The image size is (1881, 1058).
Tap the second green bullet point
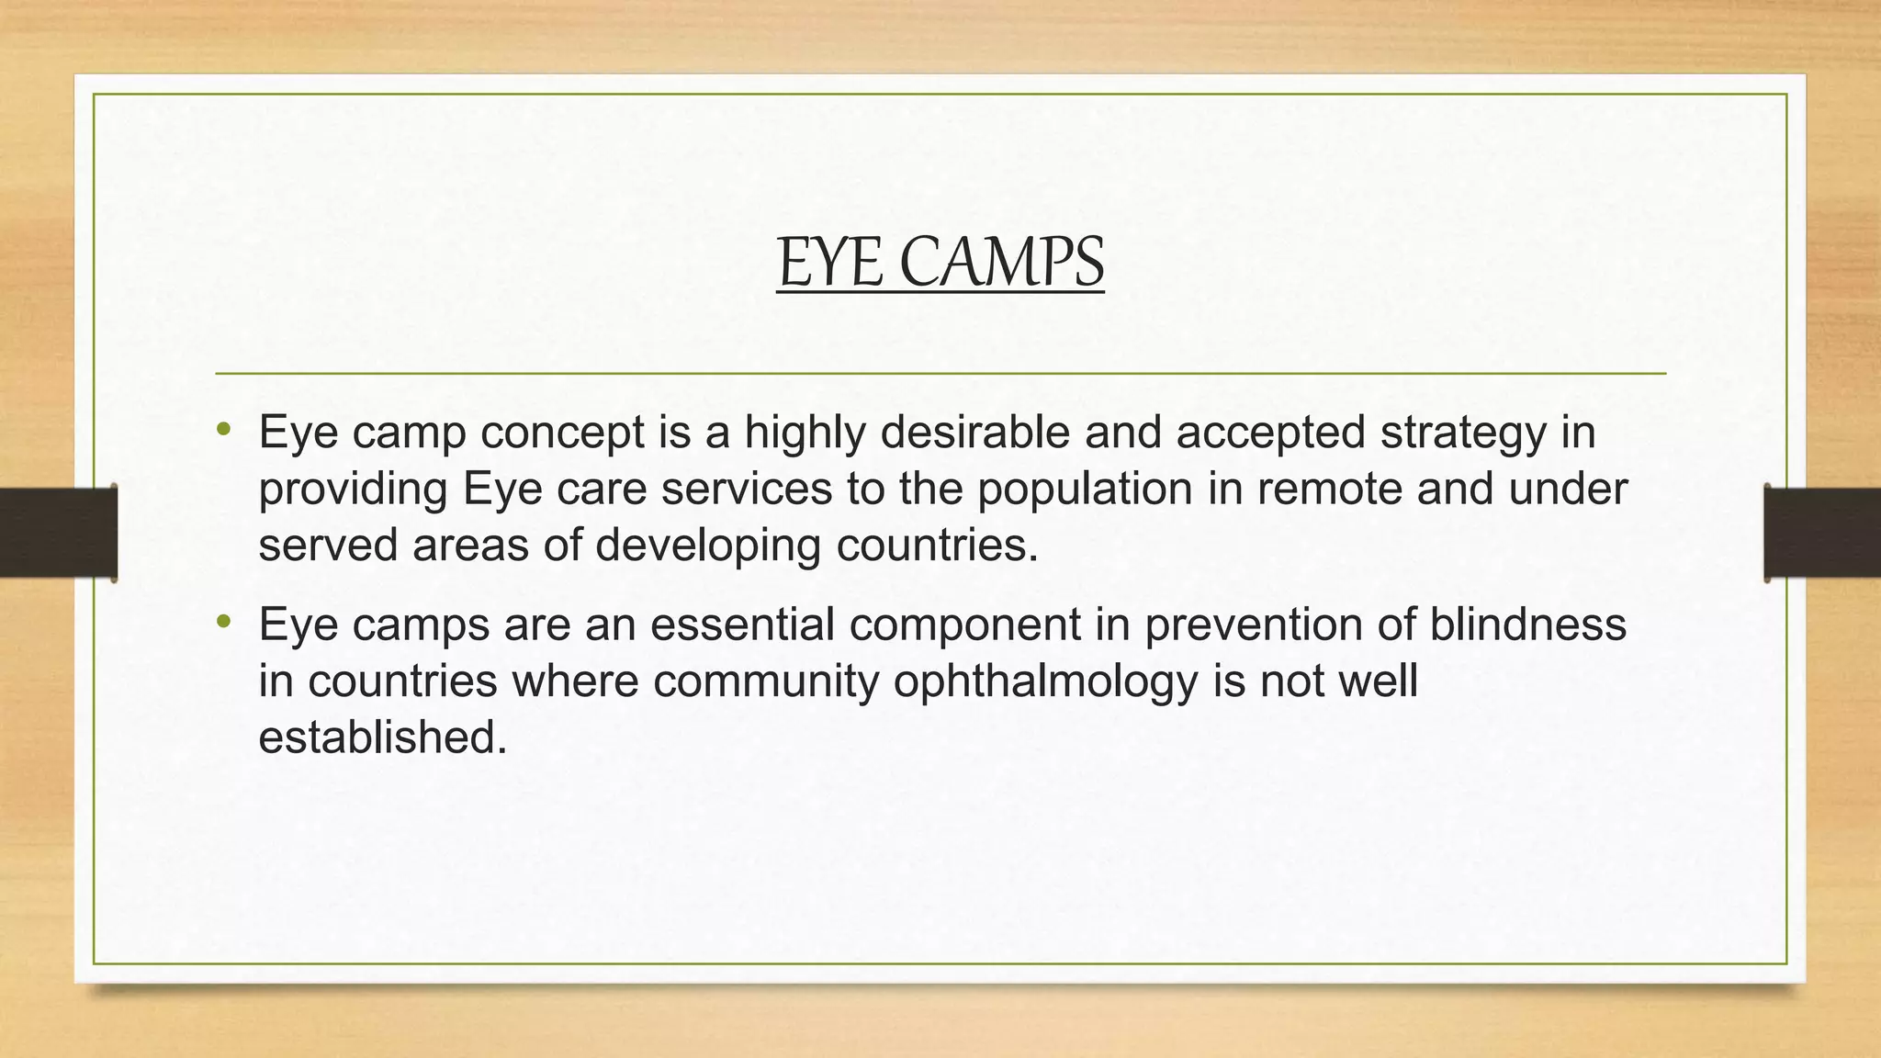tap(224, 622)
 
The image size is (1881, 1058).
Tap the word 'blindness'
tap(1527, 625)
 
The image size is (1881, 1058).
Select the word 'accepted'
tap(1270, 433)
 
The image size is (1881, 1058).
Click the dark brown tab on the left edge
tap(58, 533)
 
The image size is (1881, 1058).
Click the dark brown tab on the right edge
tap(1822, 533)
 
